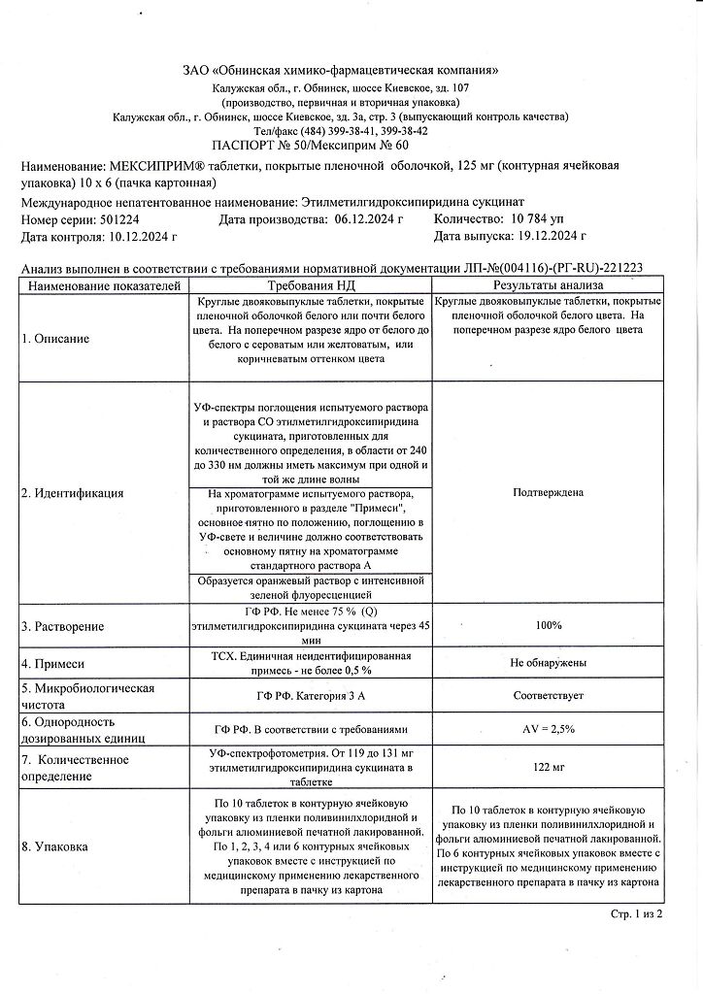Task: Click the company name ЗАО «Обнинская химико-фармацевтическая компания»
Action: pos(341,71)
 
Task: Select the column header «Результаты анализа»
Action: pos(548,285)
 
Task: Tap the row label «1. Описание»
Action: pos(55,339)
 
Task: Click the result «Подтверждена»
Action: pos(548,493)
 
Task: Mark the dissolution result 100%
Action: pos(548,626)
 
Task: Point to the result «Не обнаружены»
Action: pos(548,662)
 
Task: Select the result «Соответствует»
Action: pos(548,695)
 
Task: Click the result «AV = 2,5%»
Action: pos(548,729)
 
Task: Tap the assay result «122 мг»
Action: pos(548,767)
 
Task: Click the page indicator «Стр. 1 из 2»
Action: pos(635,914)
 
